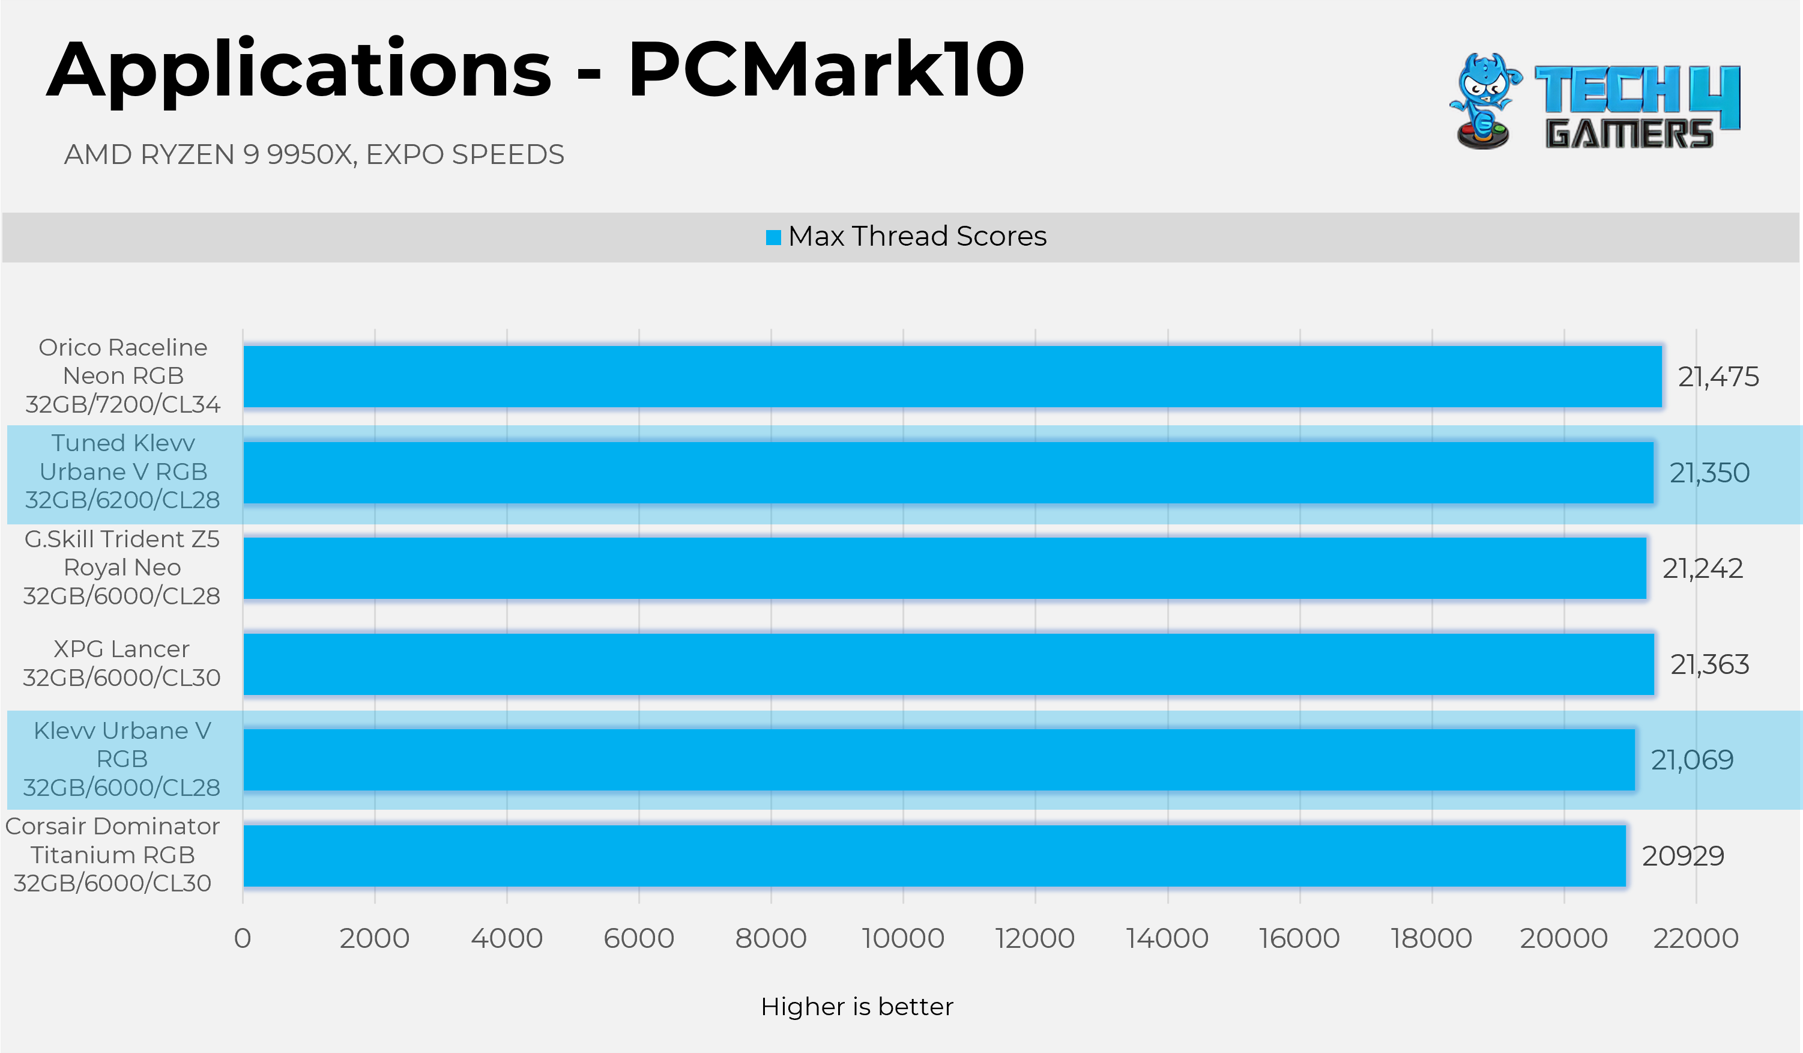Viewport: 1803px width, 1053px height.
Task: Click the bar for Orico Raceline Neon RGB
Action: (x=952, y=377)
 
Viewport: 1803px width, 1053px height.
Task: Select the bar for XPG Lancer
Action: (x=948, y=664)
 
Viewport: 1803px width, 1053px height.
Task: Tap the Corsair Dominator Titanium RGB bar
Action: (x=934, y=856)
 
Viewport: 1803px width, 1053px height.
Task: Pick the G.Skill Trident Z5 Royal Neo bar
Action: (x=944, y=568)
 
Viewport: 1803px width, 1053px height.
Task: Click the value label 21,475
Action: (x=1718, y=377)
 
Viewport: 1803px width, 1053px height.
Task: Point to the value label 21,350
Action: (x=1709, y=473)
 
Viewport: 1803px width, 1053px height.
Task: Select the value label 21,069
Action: (x=1692, y=760)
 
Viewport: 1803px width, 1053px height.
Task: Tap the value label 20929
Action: (x=1683, y=856)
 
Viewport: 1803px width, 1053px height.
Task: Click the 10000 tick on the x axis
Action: (x=903, y=938)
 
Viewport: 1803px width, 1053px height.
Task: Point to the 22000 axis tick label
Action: (x=1696, y=938)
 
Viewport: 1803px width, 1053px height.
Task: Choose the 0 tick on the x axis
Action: (x=243, y=938)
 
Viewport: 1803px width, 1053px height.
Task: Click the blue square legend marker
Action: (x=773, y=237)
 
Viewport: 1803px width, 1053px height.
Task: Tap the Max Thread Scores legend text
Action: (x=917, y=236)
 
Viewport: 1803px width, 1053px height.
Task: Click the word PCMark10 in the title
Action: (x=826, y=70)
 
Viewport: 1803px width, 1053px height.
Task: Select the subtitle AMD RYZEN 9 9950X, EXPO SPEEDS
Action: (x=314, y=154)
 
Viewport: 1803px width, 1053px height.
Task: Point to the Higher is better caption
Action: (x=856, y=1007)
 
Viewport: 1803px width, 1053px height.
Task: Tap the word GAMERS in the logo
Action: (x=1629, y=134)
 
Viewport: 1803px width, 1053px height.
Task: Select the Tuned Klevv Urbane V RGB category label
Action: (x=123, y=472)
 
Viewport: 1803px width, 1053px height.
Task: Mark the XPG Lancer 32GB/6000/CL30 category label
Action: (x=122, y=664)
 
